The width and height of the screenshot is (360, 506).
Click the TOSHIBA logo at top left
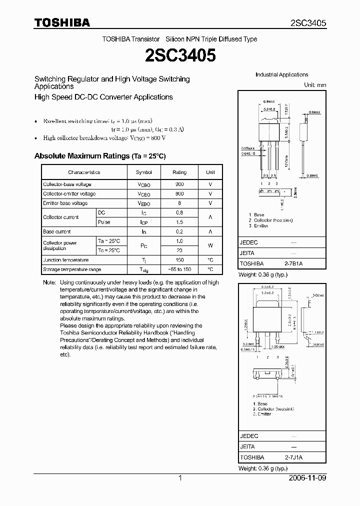[x=61, y=22]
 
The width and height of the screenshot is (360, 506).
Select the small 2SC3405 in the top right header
[x=308, y=23]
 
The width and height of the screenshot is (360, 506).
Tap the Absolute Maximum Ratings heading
[x=99, y=156]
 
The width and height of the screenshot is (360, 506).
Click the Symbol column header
[x=143, y=172]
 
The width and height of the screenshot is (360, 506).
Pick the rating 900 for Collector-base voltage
[x=179, y=184]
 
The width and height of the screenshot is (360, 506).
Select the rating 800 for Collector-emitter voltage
[x=179, y=194]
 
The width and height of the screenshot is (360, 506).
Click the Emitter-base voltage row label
[x=65, y=203]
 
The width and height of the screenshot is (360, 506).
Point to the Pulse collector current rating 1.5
[x=179, y=222]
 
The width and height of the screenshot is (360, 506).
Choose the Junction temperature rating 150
[x=179, y=260]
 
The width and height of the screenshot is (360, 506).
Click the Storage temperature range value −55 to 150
[x=179, y=269]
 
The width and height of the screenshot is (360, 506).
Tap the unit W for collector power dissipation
[x=210, y=245]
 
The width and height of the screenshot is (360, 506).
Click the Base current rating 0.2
[x=179, y=232]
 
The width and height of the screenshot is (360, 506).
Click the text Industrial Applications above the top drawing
[x=281, y=74]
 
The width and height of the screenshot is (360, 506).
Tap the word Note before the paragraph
[x=49, y=282]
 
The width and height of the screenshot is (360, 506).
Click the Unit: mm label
[x=315, y=85]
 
